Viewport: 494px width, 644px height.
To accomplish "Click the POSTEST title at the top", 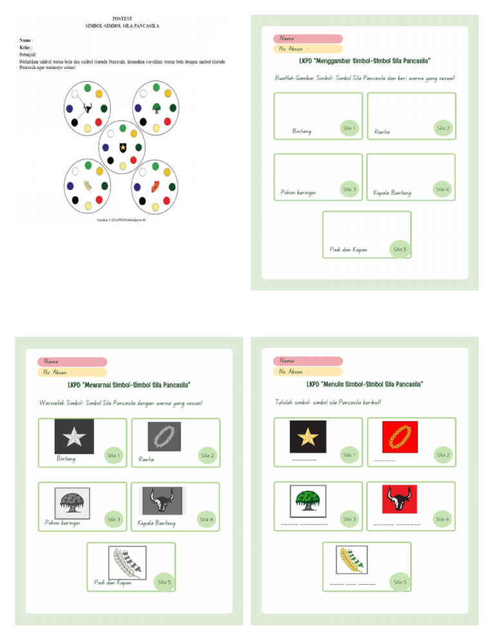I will (122, 19).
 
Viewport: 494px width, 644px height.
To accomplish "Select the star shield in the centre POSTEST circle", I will (122, 148).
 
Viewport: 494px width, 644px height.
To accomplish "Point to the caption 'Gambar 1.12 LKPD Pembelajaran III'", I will (122, 219).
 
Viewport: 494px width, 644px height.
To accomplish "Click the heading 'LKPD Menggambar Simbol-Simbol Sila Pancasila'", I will (364, 62).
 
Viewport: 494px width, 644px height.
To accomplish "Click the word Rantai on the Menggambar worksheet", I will (382, 132).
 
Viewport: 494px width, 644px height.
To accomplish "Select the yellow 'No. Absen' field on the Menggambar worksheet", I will (307, 49).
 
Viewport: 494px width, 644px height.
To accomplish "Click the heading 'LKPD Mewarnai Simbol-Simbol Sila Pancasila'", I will (129, 386).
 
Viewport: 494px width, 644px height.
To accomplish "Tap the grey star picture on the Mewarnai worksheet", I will (74, 437).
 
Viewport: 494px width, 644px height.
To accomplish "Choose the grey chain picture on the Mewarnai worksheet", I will (163, 436).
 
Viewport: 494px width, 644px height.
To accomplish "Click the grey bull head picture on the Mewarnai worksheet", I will (162, 500).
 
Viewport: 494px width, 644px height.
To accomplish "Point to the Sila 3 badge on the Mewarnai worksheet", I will (113, 519).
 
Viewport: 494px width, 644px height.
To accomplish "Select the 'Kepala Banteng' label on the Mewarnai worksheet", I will (156, 523).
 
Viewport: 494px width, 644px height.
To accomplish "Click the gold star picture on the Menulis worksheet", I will (308, 437).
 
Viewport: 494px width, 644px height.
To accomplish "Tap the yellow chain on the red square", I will (400, 437).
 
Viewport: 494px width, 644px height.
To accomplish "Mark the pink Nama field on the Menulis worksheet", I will (307, 361).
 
